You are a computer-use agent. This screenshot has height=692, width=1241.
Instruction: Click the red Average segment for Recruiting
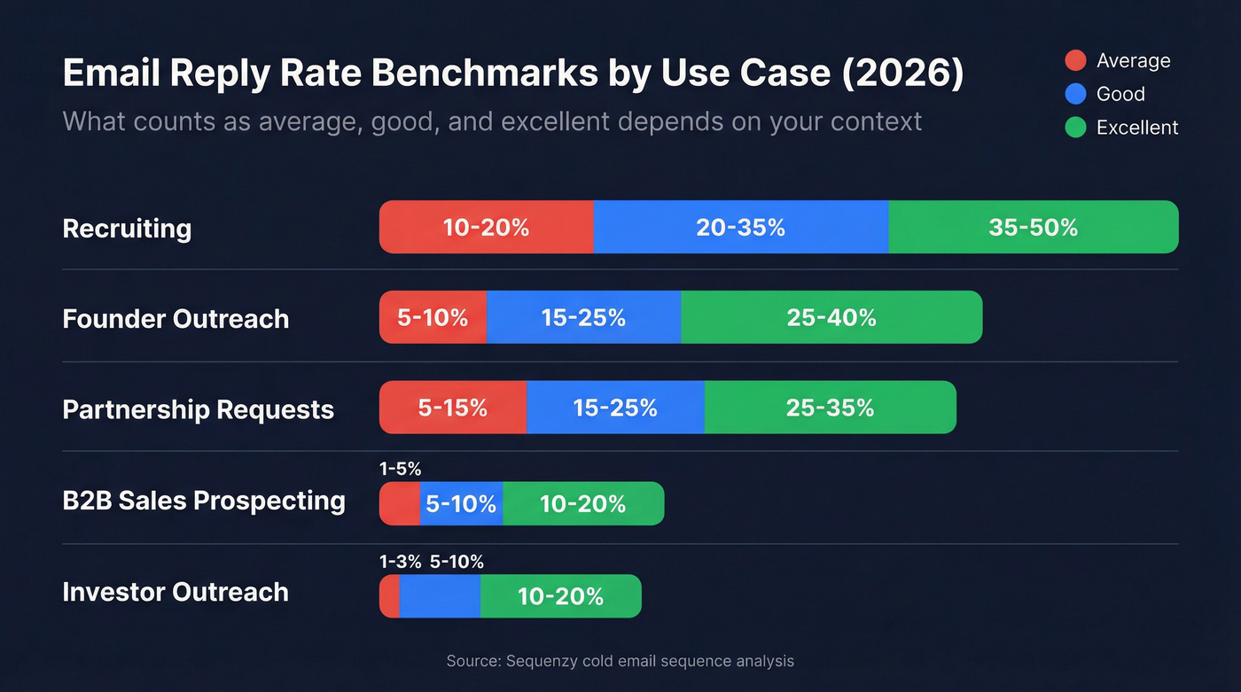point(486,227)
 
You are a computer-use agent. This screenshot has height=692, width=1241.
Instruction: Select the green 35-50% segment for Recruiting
point(1033,227)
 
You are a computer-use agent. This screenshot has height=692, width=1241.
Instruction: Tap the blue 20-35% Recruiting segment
point(740,227)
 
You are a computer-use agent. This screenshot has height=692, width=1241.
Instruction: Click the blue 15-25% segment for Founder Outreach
point(583,317)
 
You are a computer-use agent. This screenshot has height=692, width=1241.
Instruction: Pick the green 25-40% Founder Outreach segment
point(831,317)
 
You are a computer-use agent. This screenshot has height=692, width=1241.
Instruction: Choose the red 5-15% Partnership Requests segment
point(453,408)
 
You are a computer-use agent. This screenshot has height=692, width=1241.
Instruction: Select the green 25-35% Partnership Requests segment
point(830,408)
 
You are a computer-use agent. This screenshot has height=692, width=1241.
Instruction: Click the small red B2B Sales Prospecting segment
point(399,503)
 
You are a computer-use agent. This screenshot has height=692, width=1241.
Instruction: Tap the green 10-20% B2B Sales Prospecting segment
point(582,503)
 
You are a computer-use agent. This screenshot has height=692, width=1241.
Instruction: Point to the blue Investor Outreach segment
point(440,596)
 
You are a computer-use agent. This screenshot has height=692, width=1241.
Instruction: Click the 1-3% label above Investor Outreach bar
point(400,562)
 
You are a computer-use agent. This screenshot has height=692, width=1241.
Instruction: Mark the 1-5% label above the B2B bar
point(400,470)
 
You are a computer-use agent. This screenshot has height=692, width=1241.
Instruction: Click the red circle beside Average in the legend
point(1075,60)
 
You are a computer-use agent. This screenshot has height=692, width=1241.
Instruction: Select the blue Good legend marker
point(1075,94)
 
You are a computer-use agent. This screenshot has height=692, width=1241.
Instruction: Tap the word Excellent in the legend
point(1136,128)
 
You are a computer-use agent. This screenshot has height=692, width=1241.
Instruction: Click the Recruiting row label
point(127,228)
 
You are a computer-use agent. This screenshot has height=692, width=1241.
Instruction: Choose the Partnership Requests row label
point(198,409)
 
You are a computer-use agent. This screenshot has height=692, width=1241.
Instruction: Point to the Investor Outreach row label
point(176,592)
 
